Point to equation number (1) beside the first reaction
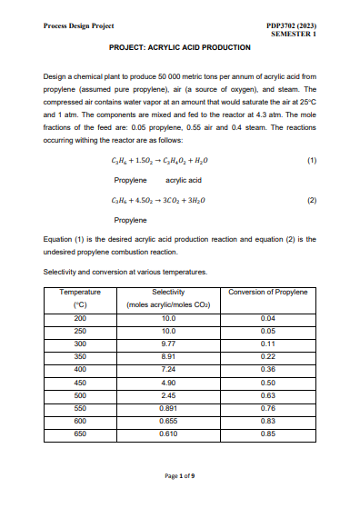pyautogui.click(x=312, y=160)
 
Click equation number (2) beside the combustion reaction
pyautogui.click(x=312, y=198)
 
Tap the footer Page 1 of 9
pyautogui.click(x=180, y=476)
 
